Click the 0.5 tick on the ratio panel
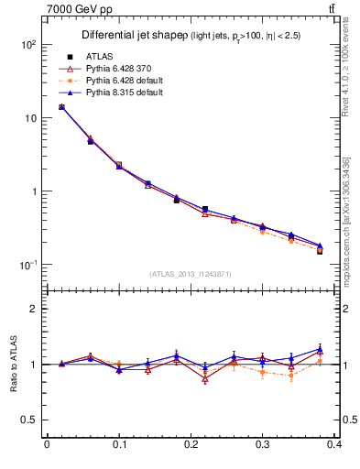pos(28,420)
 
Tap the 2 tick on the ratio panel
pos(32,309)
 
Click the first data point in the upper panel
pos(61,107)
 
